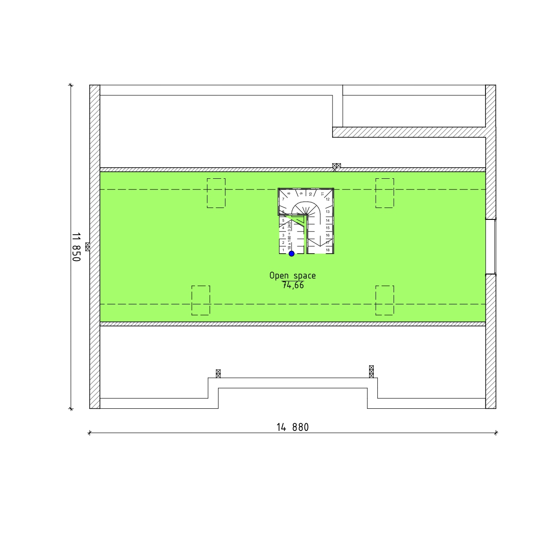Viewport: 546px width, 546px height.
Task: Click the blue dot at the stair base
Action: (x=291, y=254)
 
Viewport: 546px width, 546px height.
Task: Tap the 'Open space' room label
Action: (x=292, y=275)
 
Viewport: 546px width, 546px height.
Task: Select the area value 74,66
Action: (x=293, y=285)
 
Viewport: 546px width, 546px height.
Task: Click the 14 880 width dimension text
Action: (x=292, y=427)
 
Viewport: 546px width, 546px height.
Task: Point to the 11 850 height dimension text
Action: (x=76, y=247)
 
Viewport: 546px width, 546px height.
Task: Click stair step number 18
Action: (x=328, y=250)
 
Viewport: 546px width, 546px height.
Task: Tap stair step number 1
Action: (x=283, y=250)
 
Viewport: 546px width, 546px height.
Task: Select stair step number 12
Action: (x=328, y=199)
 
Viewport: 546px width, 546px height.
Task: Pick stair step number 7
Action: (x=283, y=199)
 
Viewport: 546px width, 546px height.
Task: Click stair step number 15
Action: (x=328, y=228)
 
